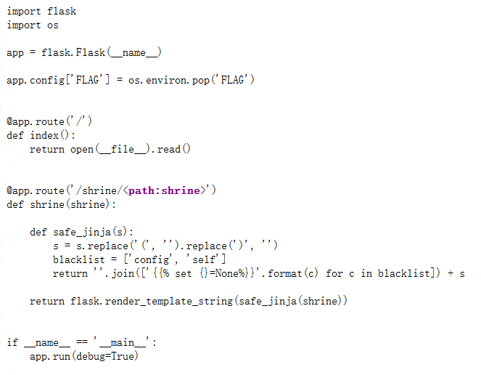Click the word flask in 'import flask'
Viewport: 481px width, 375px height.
click(62, 12)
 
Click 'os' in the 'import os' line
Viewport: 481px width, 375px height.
click(53, 25)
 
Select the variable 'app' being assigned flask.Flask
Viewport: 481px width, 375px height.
click(15, 53)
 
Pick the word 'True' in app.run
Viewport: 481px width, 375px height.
click(123, 356)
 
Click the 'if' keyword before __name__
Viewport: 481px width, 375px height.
click(12, 342)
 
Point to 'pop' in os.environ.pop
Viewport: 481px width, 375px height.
click(201, 80)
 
